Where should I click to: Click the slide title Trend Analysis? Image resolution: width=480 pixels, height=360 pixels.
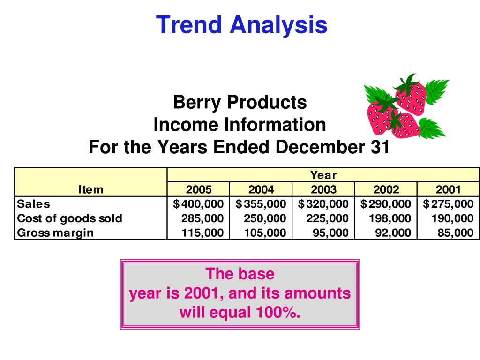pos(242,25)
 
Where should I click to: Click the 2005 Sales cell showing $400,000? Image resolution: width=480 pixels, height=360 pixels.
pos(198,204)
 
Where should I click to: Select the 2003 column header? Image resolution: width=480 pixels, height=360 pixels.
pos(323,189)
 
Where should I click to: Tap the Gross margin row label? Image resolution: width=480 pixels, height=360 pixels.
pos(55,232)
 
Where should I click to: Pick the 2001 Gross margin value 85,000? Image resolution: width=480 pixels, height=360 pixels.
pos(456,232)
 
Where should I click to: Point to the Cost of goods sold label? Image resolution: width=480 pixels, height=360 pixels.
pos(70,218)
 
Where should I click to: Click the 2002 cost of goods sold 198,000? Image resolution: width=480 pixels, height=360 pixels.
pos(390,218)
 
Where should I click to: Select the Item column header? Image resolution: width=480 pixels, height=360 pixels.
pos(91,189)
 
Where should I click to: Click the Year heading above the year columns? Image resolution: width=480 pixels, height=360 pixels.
pos(323,175)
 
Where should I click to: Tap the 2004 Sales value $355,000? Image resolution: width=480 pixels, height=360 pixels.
pos(261,204)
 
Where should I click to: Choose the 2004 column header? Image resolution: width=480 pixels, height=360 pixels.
pos(261,189)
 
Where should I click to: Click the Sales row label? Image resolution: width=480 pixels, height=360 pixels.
pos(33,204)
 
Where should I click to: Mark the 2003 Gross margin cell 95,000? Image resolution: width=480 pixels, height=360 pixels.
pos(330,232)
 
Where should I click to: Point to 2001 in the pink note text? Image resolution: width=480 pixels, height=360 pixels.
pos(203,293)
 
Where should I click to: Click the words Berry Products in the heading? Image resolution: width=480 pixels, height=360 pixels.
pos(240,102)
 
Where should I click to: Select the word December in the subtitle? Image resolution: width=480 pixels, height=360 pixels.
pos(320,147)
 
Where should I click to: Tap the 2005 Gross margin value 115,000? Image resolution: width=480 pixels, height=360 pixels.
pos(202,232)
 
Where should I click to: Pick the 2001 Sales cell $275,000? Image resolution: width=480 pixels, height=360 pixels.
pos(448,204)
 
